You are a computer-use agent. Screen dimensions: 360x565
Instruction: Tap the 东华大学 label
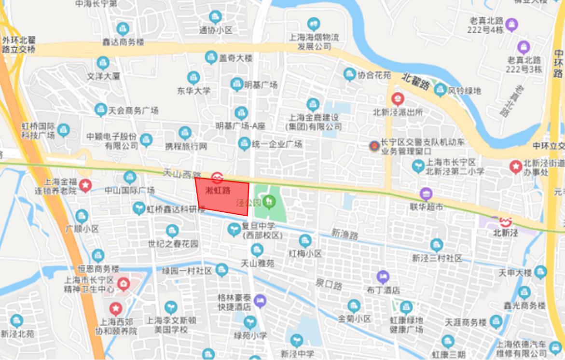pos(193,90)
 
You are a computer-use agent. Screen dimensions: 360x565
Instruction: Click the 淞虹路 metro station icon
pos(217,178)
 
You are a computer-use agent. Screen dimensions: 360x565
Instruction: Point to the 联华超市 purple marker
pos(426,194)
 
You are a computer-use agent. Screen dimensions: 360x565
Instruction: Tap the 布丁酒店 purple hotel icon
pos(383,277)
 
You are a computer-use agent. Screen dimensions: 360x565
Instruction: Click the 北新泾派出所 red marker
pos(398,99)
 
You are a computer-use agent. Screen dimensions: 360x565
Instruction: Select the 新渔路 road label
pos(345,235)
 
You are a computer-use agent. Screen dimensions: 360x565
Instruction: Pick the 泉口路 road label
pos(329,284)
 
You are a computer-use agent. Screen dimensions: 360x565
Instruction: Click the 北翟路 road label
pos(415,82)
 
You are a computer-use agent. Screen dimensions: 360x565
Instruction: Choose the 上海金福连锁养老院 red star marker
pos(85,185)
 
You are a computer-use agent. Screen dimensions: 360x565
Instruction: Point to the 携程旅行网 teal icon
pos(185,133)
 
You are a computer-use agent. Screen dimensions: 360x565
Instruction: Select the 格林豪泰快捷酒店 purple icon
pos(260,301)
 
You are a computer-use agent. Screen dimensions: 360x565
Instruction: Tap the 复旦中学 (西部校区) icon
pos(234,229)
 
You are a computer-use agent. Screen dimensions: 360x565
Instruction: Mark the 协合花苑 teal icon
pos(350,74)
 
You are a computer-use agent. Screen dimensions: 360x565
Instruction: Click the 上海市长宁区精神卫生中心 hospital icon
pos(124,283)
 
